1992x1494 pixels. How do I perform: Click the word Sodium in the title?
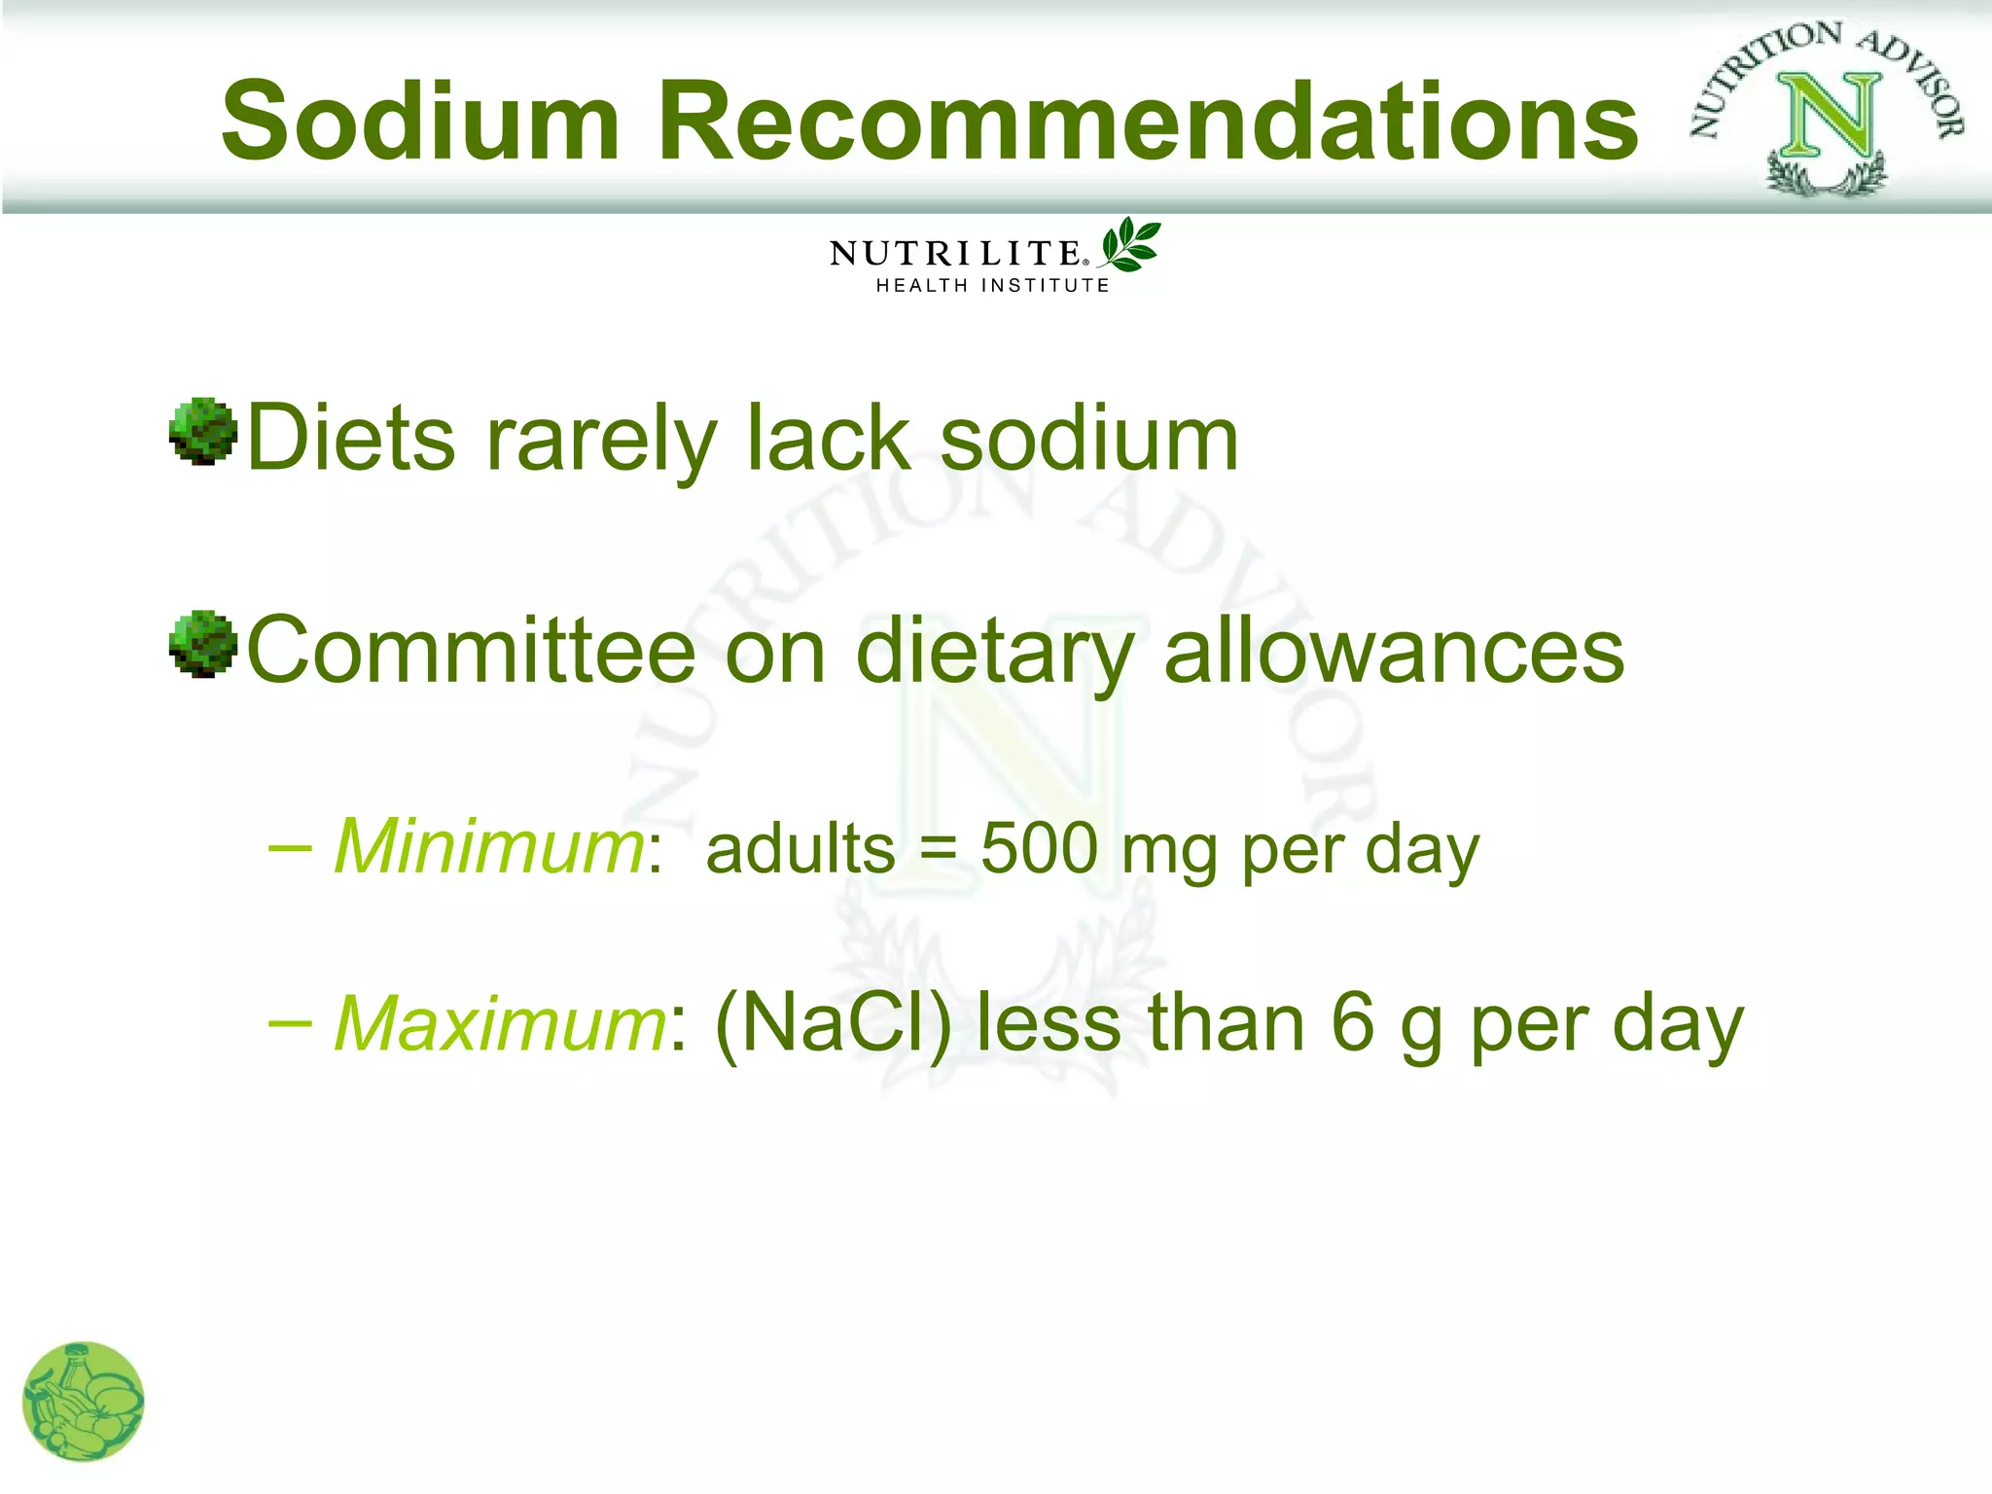[420, 122]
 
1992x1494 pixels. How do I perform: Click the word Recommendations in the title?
[1148, 122]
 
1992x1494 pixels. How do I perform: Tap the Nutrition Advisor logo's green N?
[1829, 117]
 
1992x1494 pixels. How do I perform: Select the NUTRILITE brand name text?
[955, 255]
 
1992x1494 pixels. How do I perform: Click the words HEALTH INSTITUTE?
[992, 286]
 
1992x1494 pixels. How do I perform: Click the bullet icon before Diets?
[203, 432]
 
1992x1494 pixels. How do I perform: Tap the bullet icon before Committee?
[203, 644]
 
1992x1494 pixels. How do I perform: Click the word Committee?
[472, 652]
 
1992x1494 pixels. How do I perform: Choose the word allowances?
[1394, 652]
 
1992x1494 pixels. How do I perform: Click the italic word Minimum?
[489, 846]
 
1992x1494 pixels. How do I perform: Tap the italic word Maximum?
[500, 1023]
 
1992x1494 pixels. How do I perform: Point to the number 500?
[1039, 848]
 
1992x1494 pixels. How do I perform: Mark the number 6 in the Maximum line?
[1353, 1023]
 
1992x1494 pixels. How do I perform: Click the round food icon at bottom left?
[83, 1402]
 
